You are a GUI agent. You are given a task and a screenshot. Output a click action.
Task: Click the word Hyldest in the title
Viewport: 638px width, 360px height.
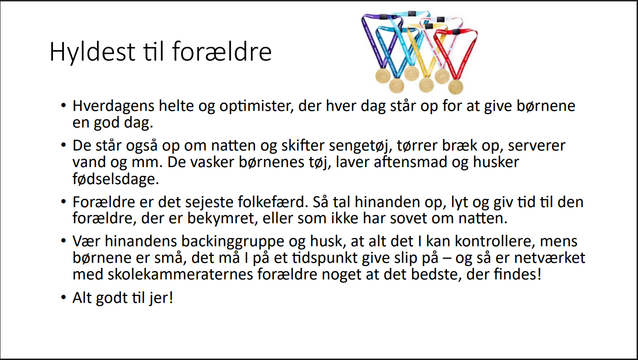point(92,52)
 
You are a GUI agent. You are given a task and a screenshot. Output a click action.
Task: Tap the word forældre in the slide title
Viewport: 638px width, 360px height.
point(221,52)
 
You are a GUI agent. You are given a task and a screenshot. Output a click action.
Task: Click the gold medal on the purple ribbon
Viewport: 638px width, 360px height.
point(383,76)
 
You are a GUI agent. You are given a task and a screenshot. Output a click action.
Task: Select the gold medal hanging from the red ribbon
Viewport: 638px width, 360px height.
point(456,87)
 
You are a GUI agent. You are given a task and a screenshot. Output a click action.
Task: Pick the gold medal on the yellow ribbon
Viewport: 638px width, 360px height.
point(426,85)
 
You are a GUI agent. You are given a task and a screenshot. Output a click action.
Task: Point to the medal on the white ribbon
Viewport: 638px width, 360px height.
point(442,76)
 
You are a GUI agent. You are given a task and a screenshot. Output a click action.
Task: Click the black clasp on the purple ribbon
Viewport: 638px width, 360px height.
point(383,17)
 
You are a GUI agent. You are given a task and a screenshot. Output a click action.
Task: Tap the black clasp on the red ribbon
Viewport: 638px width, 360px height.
point(456,32)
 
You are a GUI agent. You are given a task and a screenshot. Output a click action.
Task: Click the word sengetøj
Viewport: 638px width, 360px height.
point(360,146)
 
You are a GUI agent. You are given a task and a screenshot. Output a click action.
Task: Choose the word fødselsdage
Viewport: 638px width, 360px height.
point(116,179)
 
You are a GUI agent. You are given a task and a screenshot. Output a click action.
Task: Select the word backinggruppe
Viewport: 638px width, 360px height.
point(233,242)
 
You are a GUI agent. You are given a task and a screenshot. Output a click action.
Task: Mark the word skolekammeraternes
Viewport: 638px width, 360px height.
point(180,274)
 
